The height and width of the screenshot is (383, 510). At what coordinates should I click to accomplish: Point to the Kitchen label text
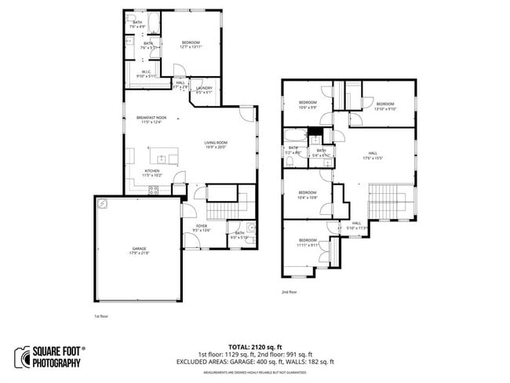152,173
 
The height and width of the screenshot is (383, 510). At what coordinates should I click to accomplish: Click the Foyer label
202,228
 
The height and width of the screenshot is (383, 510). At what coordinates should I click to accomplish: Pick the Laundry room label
204,90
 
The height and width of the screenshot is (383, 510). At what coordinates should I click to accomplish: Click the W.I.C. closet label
147,75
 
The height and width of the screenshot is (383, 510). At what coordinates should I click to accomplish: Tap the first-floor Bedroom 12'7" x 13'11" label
191,45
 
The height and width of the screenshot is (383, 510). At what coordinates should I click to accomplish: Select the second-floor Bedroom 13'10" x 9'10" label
384,107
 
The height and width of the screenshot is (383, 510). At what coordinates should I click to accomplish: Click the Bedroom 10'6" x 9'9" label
308,105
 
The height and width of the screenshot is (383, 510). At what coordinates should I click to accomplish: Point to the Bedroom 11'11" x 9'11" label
308,243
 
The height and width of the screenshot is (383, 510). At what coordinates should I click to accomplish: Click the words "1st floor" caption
100,317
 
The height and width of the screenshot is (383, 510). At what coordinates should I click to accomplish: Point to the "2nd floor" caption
289,291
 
